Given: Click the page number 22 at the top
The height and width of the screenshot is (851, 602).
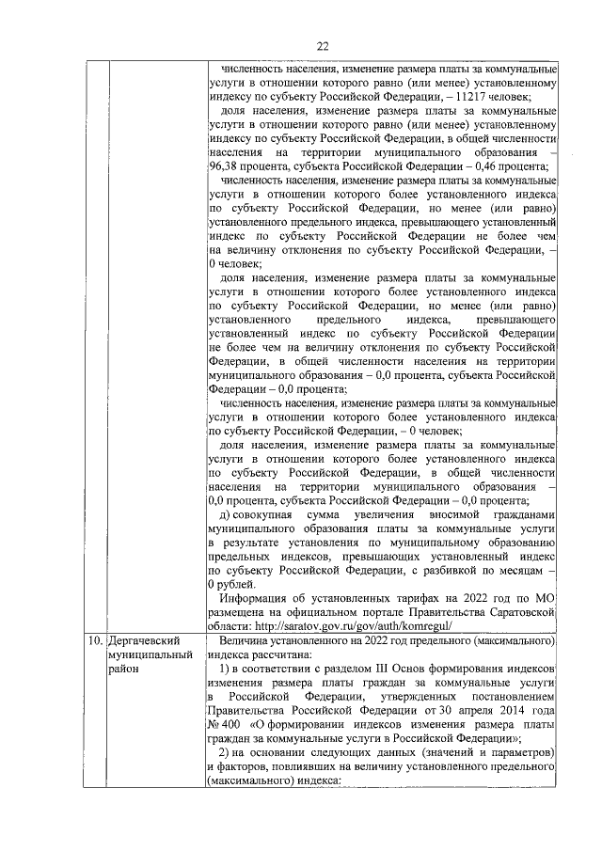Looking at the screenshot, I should [x=323, y=45].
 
